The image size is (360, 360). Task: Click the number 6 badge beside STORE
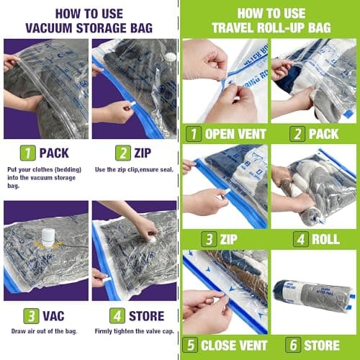(280, 344)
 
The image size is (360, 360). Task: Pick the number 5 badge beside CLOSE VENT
(191, 344)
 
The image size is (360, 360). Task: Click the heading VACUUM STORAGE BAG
(89, 27)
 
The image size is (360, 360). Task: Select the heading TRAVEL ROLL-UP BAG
(269, 27)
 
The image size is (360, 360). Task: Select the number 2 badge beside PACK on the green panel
(280, 133)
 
